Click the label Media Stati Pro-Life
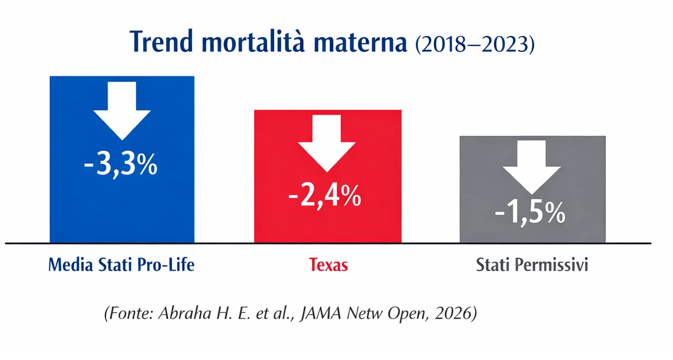pyautogui.click(x=121, y=265)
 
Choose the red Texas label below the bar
pyautogui.click(x=329, y=265)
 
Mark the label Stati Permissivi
pyautogui.click(x=532, y=265)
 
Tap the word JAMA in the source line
pyautogui.click(x=323, y=313)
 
